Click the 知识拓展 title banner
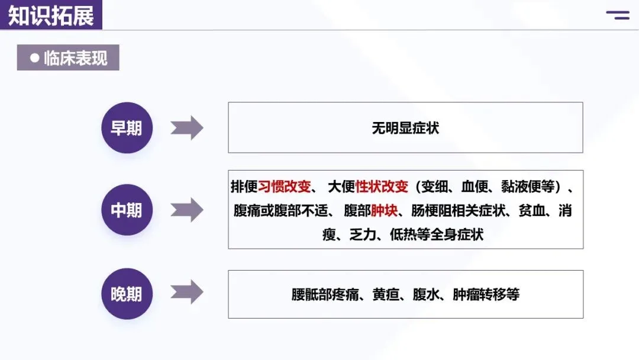[51, 15]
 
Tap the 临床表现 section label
[68, 57]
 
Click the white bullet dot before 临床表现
[35, 58]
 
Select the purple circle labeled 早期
[127, 128]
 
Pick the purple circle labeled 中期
[127, 210]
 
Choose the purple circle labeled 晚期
[127, 294]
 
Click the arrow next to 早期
[187, 128]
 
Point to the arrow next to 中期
[187, 210]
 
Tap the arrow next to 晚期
[187, 292]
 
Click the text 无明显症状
[405, 128]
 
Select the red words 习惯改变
[285, 187]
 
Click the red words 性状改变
[382, 187]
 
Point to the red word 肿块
[385, 210]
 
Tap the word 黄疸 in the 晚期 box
[386, 294]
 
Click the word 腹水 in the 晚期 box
[426, 294]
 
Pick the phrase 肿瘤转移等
[486, 294]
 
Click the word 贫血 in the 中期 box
[532, 210]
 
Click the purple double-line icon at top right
[618, 15]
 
